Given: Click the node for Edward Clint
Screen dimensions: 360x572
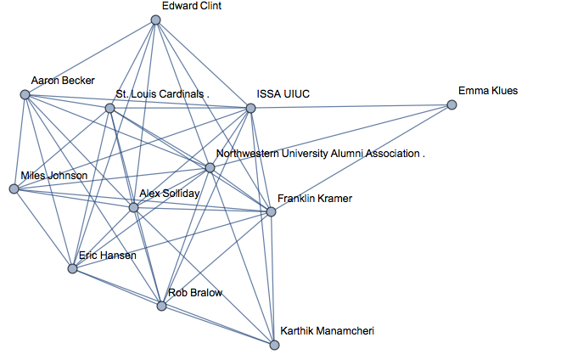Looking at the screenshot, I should [155, 20].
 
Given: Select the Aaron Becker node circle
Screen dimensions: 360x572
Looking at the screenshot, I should [25, 95].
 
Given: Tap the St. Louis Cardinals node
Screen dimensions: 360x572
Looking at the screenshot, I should [109, 109].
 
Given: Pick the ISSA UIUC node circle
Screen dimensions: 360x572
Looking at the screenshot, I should [250, 108].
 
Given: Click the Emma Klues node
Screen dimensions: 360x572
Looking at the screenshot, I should [452, 105].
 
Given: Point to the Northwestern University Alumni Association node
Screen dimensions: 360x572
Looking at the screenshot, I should [210, 167].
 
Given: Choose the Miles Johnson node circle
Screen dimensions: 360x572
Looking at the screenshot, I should [14, 188].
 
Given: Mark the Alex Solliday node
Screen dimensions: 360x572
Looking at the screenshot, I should [133, 207].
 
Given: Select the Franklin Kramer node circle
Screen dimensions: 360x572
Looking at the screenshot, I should [271, 211].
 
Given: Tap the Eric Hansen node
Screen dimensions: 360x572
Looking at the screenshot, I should [73, 268].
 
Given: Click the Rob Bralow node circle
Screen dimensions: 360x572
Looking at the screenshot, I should [162, 306].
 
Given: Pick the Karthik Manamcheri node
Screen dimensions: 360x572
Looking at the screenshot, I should [274, 345].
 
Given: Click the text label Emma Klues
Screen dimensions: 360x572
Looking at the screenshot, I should [487, 91].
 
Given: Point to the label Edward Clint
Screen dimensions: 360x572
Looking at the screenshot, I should [192, 5].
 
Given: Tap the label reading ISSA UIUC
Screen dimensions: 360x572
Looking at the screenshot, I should [283, 94].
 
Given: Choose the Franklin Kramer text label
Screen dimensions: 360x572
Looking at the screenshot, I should [314, 199].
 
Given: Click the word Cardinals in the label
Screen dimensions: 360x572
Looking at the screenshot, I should [181, 94].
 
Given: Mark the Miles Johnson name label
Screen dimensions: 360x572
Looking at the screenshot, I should [53, 176].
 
